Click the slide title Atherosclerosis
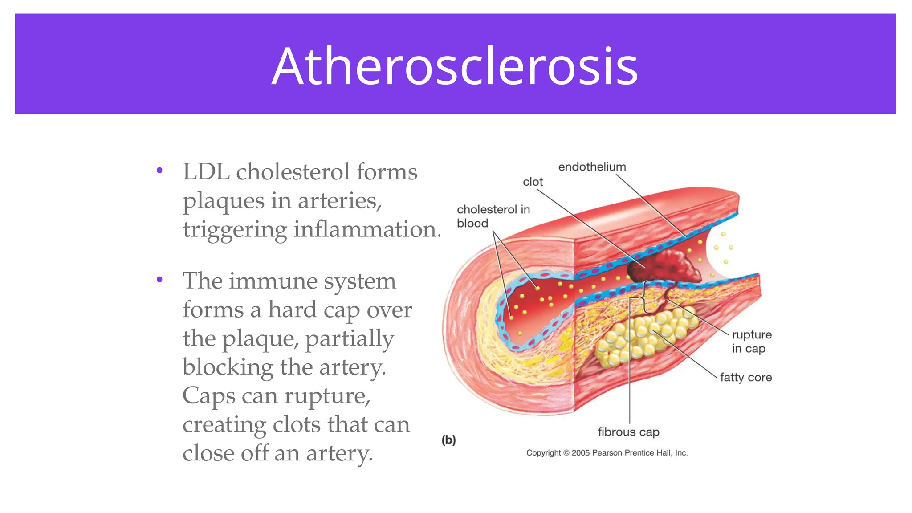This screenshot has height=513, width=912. pos(455,66)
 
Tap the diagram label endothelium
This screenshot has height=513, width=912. pos(592,167)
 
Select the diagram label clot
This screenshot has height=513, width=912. pos(533,182)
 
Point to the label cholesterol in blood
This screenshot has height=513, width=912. pos(493,216)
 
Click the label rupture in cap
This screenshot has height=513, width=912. pos(751,342)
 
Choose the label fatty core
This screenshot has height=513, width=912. pos(745,378)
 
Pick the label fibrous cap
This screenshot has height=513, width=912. pos(628,432)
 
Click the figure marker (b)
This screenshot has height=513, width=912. pos(448,440)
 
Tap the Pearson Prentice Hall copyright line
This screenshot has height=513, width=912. pos(607,453)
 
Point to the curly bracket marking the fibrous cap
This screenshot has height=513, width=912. pos(644,296)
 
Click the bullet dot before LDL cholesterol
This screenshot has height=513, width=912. pos(159,171)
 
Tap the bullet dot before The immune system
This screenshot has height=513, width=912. pos(159,280)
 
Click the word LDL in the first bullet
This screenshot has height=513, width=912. pos(206,172)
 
